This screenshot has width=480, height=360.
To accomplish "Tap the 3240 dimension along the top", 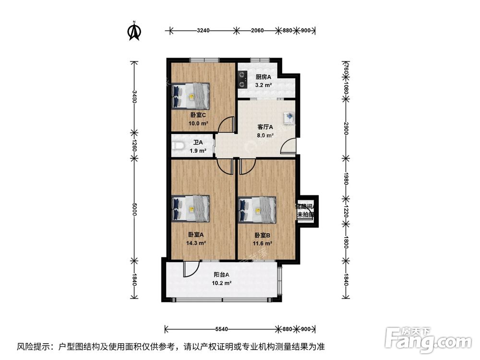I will coord(203,31).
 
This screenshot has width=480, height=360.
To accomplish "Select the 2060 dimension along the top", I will coord(258,31).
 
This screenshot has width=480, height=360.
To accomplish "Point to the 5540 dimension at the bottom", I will coord(221,329).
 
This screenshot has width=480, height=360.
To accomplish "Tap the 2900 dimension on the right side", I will coord(345,129).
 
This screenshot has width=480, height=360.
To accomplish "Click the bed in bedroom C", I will coord(191,96).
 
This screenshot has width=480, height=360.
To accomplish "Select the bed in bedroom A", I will coord(191,209).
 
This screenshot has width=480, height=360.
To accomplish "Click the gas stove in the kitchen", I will coord(242,80).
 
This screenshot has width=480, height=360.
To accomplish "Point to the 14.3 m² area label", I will coord(196,243).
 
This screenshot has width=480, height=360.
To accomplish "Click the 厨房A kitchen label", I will coord(263,77).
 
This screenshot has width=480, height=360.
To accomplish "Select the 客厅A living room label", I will coord(265,127).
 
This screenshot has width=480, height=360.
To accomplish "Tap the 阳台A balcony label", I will coord(221,275).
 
